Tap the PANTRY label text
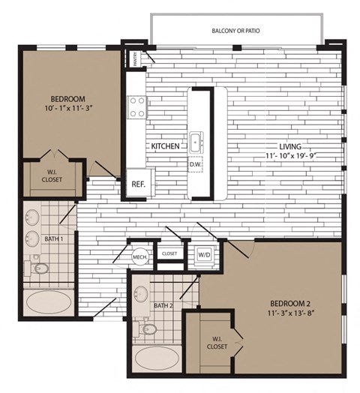point(136,58)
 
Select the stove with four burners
point(136,107)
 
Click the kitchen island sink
point(196,140)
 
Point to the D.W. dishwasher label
point(195,163)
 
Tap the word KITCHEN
point(165,146)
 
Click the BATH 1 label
point(52,238)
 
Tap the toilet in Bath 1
point(41,268)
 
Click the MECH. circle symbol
point(140,256)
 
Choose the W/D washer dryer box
point(203,254)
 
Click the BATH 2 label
point(163,305)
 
